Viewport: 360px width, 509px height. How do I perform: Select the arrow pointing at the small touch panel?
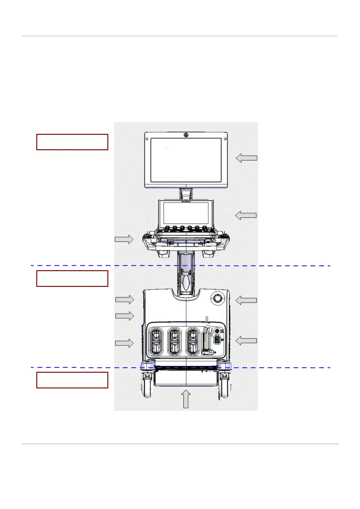246,216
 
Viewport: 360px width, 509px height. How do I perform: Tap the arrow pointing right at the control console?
124,239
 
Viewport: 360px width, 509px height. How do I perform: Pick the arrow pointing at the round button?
246,300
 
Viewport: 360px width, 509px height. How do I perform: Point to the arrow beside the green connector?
246,341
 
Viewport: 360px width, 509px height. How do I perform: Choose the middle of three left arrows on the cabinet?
125,316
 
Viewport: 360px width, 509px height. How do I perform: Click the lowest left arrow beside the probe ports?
124,343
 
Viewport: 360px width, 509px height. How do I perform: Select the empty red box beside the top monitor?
72,142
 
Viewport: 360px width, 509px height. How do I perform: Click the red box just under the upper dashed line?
72,278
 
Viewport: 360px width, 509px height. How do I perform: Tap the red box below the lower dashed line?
72,380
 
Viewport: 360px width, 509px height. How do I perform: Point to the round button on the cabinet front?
217,299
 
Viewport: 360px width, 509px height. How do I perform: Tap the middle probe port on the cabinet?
174,342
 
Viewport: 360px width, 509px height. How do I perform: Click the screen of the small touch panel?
186,213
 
